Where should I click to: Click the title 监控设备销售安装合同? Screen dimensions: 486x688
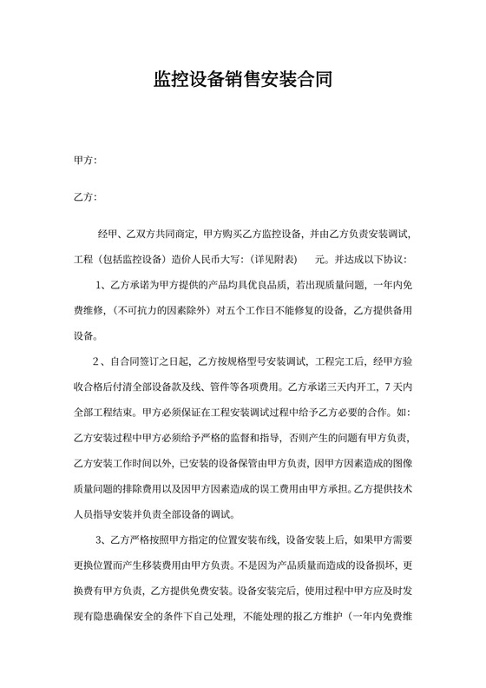(x=242, y=81)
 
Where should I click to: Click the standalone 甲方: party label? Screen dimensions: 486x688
(x=86, y=161)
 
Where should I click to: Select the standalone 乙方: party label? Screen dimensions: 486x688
(x=86, y=197)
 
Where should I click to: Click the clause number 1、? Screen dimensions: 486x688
(x=99, y=284)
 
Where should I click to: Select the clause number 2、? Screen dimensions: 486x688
(x=99, y=360)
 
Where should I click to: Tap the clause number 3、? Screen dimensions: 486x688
(x=99, y=536)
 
